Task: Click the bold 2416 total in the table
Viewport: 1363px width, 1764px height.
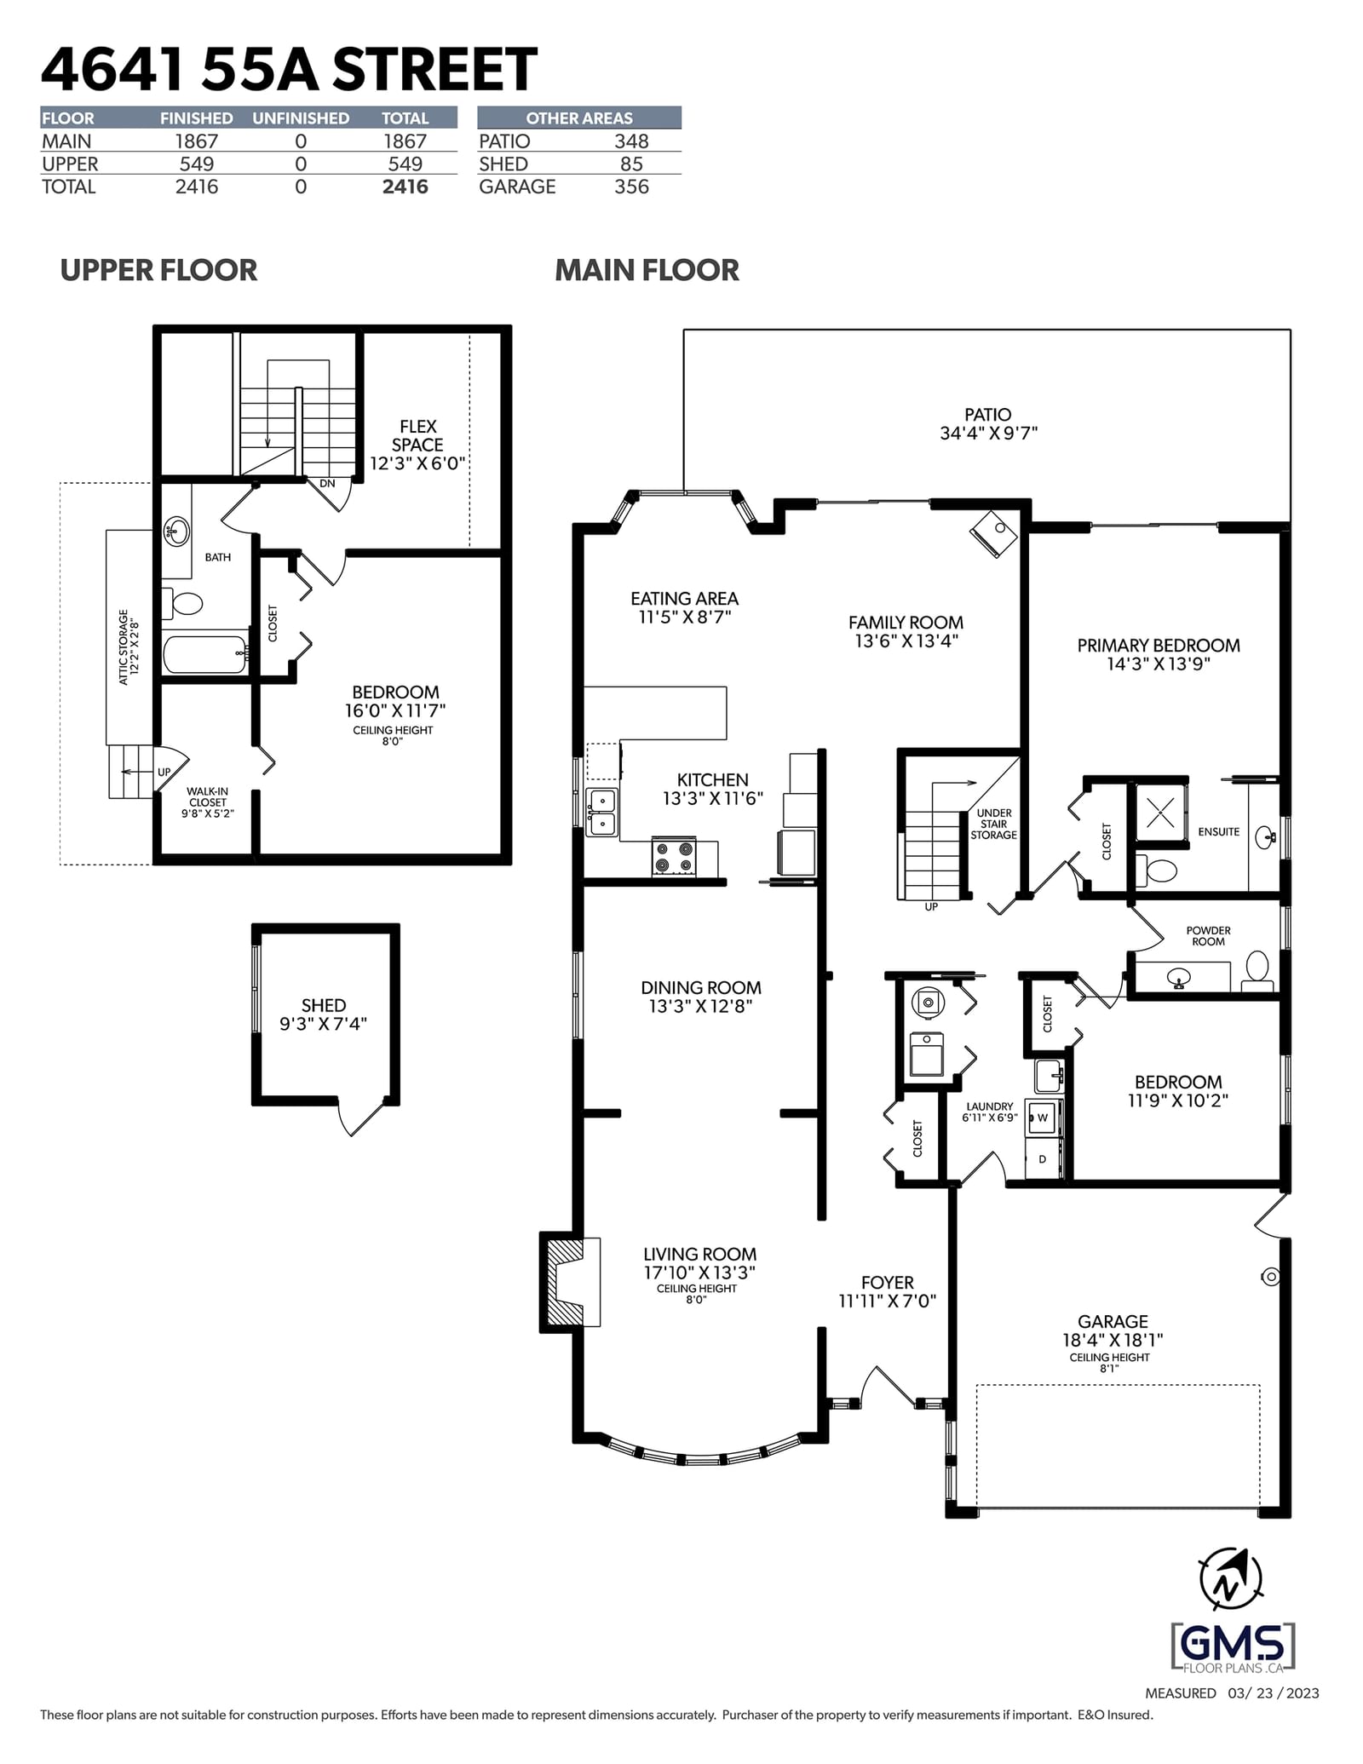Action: point(405,187)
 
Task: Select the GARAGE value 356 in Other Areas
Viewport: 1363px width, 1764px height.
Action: point(631,187)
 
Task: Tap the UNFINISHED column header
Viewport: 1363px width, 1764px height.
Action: point(301,118)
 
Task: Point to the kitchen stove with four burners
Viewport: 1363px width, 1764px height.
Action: point(674,857)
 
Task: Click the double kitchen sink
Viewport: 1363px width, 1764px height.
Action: point(602,813)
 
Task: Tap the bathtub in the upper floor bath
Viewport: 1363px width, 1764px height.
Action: point(205,654)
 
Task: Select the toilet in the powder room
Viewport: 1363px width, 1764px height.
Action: point(1257,971)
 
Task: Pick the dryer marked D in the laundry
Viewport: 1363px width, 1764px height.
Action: point(1043,1159)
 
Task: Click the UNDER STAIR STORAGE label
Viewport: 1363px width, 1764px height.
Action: point(994,824)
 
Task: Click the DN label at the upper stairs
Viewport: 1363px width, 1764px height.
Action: point(327,484)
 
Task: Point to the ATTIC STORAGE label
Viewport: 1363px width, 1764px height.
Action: point(128,646)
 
